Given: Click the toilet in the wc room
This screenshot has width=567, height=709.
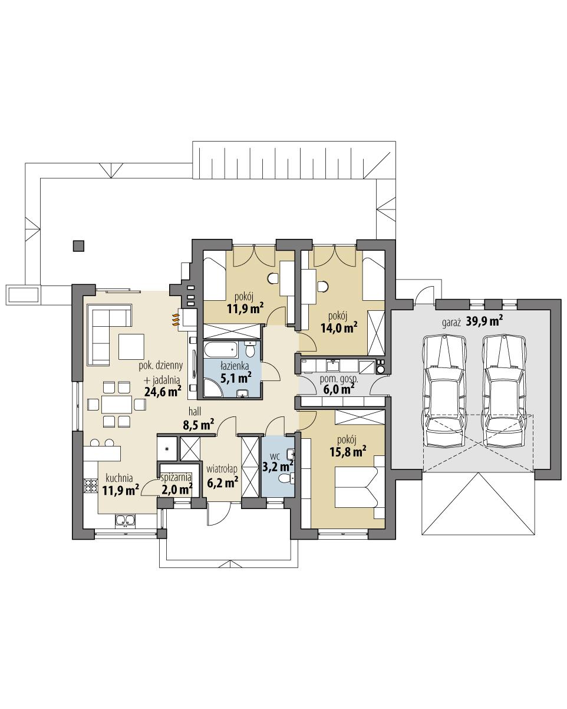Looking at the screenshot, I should coord(285,478).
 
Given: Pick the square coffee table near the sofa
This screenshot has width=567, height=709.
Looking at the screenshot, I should coord(131,346).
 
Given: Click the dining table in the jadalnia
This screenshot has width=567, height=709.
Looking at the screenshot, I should coord(116,404).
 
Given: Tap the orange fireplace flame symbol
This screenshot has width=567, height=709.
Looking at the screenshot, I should coord(175,320).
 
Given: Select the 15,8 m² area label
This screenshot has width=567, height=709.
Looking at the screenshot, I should coord(348,452).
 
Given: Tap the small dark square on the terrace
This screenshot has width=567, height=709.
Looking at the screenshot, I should coord(78,245).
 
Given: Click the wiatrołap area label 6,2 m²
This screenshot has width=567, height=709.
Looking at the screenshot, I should coord(222,482).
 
